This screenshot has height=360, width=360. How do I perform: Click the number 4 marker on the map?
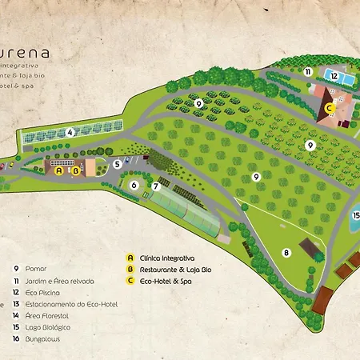pos(70,132)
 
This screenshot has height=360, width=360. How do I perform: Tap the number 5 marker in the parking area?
pos(117,164)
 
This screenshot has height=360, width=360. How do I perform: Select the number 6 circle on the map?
pos(134,185)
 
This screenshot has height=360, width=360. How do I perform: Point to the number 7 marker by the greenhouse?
pos(156,186)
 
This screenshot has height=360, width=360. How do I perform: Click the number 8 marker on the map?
pos(286,253)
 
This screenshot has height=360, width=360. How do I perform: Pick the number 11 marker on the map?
pos(307,71)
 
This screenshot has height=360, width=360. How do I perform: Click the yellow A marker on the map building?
pos(58,170)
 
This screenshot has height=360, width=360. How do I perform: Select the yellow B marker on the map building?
pos(75,170)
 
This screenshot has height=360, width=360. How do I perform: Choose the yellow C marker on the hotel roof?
pos(329,109)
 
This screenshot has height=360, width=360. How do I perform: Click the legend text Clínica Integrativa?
pos(167,258)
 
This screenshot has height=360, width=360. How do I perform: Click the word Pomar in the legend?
pos(37,269)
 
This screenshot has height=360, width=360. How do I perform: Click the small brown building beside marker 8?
pos(308,245)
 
